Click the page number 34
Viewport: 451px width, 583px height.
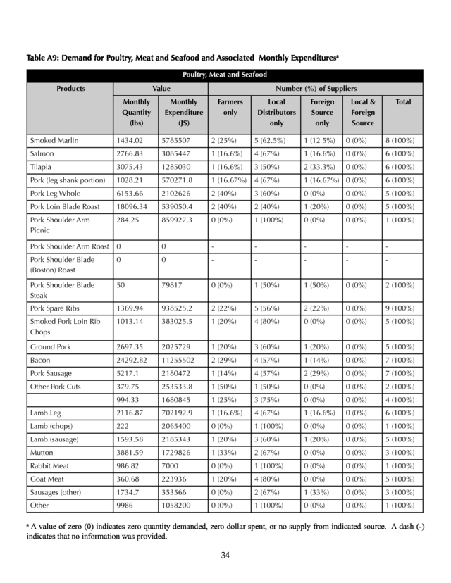click(x=225, y=556)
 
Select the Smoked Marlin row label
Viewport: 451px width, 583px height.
click(x=54, y=141)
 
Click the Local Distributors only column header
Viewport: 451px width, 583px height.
click(x=272, y=113)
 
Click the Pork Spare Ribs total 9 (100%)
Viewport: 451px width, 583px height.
click(x=400, y=308)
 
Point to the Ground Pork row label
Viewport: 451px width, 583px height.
click(x=51, y=347)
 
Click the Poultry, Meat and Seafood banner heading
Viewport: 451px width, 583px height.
click(x=225, y=75)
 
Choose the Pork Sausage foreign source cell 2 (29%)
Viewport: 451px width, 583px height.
click(x=319, y=374)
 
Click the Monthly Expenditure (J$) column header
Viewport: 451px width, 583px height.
click(x=183, y=113)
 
